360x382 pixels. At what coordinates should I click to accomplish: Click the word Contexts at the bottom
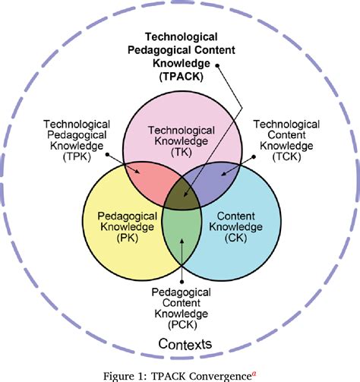pos(185,344)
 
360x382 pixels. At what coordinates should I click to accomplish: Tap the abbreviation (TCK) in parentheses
pos(286,156)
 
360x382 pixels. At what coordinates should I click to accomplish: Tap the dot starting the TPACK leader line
pos(217,66)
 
